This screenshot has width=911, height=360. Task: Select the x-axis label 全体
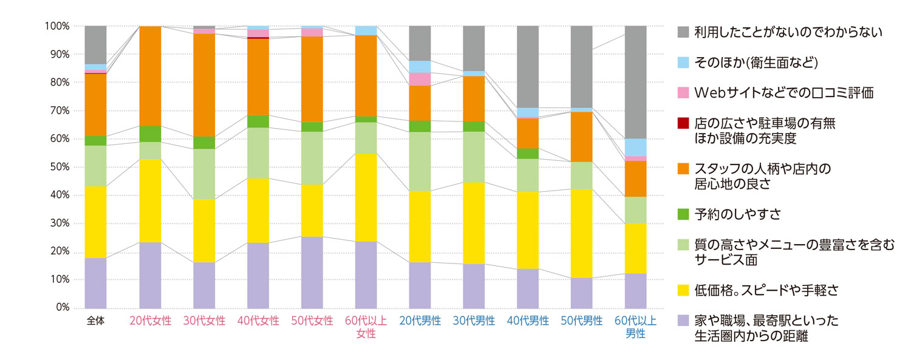[x=95, y=321]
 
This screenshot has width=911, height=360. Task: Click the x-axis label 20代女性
[x=150, y=321]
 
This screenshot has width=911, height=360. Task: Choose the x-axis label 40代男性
[x=528, y=321]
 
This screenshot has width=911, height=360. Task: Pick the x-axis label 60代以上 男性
[x=635, y=327]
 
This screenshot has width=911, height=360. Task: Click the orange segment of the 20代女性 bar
[x=150, y=76]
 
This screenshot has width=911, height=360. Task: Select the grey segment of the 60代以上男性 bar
[x=635, y=82]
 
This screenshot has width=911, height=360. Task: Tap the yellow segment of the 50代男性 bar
[x=582, y=233]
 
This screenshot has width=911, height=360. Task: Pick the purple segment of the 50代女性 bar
[x=312, y=272]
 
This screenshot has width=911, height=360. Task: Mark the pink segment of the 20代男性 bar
[x=420, y=79]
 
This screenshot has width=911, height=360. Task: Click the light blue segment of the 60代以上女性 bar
[x=366, y=30]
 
